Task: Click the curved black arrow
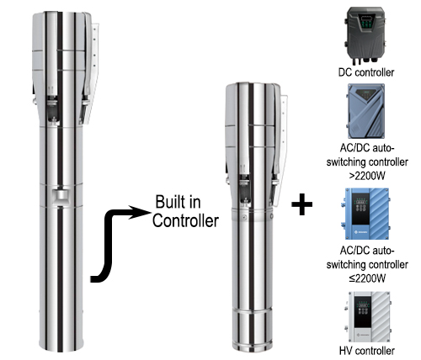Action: (x=118, y=244)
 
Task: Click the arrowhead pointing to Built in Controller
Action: (x=143, y=213)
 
